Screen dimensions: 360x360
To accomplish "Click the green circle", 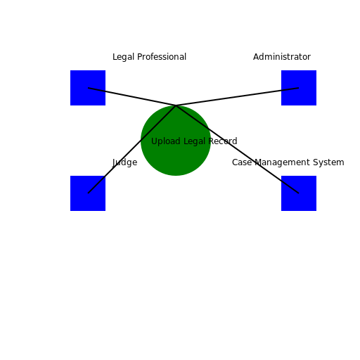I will [x=176, y=158].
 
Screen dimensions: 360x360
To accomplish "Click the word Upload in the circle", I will [x=166, y=141].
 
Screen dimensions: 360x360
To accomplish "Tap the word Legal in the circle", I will [x=194, y=141].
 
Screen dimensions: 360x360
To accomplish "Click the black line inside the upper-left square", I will [x=97, y=89].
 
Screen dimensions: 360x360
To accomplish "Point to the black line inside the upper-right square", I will [x=290, y=89].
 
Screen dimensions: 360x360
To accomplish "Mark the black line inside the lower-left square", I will [x=96, y=184].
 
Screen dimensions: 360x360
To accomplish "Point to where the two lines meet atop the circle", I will [x=176, y=105].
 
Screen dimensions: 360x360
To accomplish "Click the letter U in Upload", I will [x=154, y=141].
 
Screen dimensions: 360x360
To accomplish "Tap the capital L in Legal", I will [x=185, y=141].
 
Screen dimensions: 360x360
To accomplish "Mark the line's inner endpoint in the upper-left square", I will [x=89, y=88].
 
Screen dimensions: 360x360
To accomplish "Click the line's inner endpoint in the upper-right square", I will [x=299, y=88].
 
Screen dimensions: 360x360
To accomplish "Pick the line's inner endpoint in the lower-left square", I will [x=88, y=193].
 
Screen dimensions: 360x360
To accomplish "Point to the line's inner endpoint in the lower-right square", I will [x=299, y=193].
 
